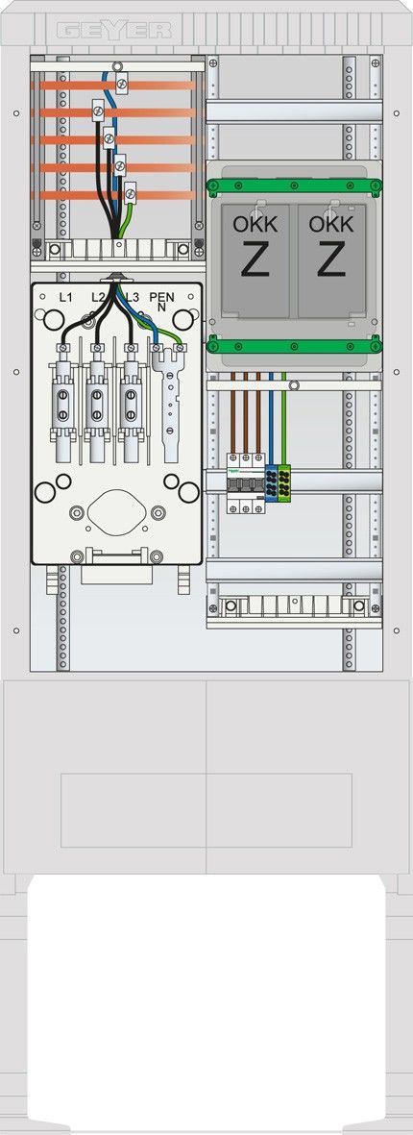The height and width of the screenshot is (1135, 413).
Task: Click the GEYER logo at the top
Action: coord(114,31)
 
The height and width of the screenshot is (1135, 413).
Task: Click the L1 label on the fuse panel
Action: coord(65,297)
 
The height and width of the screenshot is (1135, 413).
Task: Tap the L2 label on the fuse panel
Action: coord(99,297)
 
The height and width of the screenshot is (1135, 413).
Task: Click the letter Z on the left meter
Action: coord(255,260)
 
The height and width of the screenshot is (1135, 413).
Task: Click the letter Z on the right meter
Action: coord(330,260)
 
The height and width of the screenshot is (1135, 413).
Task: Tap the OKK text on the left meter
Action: coord(255,224)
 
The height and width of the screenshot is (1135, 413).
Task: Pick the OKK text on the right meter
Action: coord(330,224)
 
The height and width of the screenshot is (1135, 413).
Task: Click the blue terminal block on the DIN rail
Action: coord(271,483)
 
